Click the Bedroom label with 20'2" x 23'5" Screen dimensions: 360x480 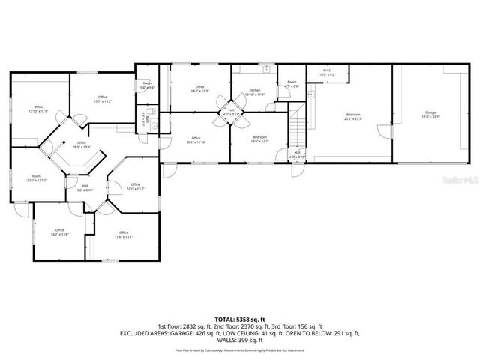point(352,116)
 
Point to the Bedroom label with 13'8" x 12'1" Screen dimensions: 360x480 point(259,139)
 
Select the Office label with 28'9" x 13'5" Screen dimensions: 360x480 point(81,145)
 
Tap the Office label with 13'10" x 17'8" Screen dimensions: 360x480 point(38,109)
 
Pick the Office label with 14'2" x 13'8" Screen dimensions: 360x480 point(59,232)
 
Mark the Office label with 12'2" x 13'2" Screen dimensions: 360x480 point(135,186)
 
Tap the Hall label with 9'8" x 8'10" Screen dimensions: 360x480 point(85,188)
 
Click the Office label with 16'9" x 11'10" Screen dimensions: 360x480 point(196,139)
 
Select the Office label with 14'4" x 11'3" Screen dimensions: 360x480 point(200,88)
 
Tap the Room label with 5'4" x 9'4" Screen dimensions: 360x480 point(148,85)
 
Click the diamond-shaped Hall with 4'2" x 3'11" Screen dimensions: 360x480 point(231,112)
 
